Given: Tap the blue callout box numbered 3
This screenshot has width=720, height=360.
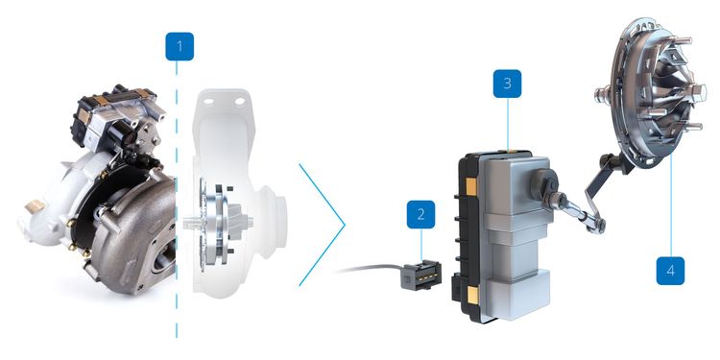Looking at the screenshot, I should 506,84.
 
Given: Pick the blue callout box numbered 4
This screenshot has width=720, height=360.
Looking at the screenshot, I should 670,270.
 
